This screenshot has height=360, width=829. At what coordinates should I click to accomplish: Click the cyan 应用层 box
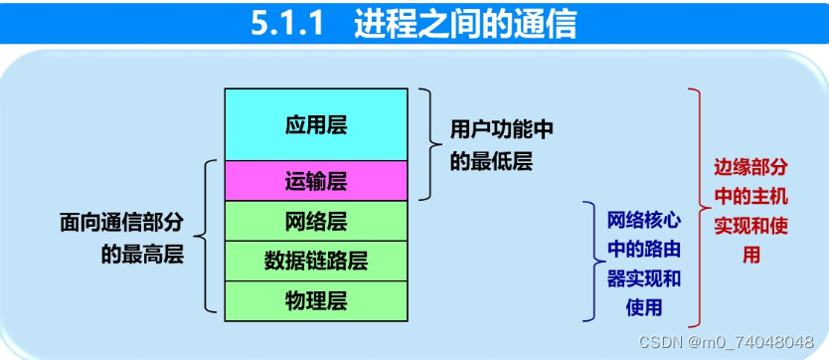click(x=316, y=124)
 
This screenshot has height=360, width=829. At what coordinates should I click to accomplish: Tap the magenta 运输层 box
click(x=316, y=181)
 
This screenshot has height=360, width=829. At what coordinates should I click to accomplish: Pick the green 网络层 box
click(x=316, y=221)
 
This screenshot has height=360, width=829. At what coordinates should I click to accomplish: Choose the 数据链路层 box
click(x=316, y=261)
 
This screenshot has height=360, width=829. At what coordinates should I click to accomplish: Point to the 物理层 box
click(x=316, y=300)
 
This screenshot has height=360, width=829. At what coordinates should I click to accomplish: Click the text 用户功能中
click(x=502, y=128)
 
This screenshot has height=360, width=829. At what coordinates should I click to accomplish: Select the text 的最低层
click(x=491, y=161)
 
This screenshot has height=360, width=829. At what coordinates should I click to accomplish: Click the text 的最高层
click(x=142, y=255)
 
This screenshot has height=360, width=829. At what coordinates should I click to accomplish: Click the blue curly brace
click(x=589, y=260)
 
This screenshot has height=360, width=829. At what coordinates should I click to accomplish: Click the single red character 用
click(x=751, y=256)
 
